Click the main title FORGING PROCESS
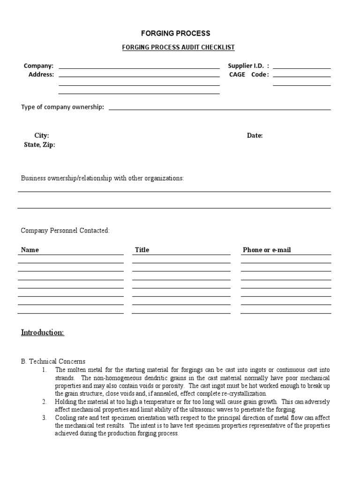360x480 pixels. coord(176,33)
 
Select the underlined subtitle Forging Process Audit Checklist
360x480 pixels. coord(178,47)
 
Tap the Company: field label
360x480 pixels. coord(38,66)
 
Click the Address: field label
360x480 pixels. coord(41,74)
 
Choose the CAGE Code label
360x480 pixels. coord(249,74)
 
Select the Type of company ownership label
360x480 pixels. coord(62,107)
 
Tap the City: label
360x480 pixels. coord(42,135)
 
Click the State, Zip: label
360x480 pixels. coord(39,145)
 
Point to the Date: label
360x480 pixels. coord(255,135)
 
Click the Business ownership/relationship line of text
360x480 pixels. coord(102,179)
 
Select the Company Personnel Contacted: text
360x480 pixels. coord(65,231)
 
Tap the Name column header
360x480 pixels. coord(30,250)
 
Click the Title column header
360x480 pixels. coord(142,250)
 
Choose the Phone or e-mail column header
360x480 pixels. coord(267,250)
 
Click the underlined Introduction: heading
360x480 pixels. coord(43,332)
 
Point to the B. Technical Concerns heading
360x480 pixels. coord(53,361)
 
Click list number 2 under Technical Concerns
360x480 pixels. coord(44,402)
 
